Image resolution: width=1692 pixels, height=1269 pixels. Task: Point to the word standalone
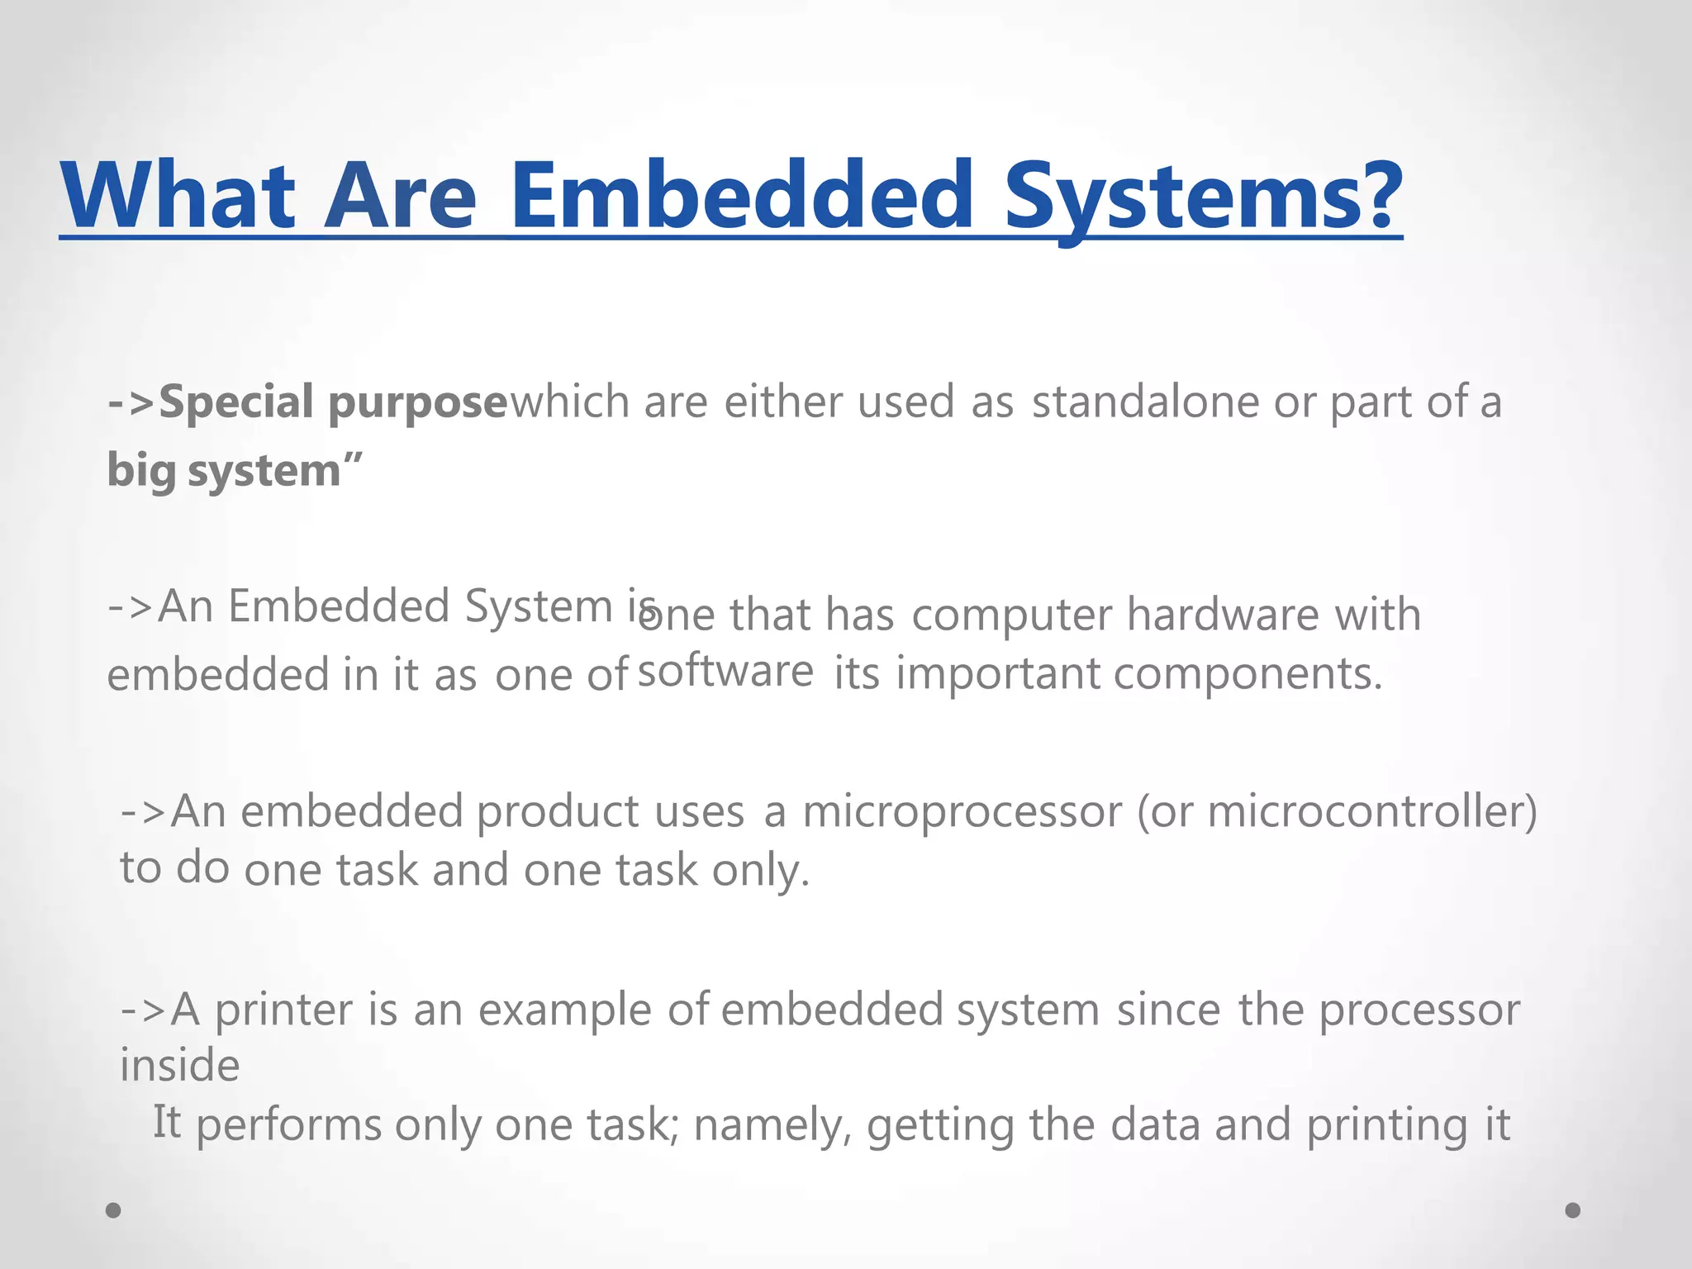1144,402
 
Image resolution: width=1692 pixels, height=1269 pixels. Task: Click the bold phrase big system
223,472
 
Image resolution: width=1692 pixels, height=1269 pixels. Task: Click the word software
725,670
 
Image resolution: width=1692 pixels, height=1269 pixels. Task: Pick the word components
1248,674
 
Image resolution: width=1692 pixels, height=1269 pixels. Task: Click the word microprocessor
962,813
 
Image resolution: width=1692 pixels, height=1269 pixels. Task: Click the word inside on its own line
180,1066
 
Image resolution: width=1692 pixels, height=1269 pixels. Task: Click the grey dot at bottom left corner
114,1210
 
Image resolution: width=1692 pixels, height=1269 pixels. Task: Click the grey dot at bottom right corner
1573,1210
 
